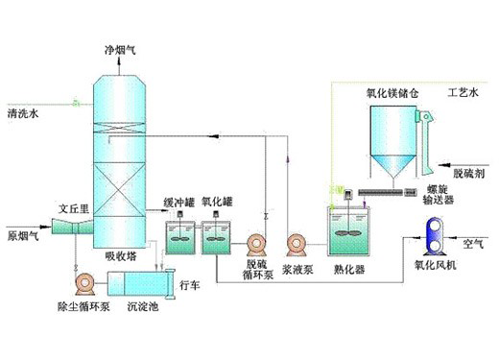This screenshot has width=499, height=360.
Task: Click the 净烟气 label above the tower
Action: pyautogui.click(x=120, y=50)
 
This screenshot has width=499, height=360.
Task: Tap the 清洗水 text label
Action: pyautogui.click(x=23, y=113)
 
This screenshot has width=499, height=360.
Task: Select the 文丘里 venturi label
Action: pyautogui.click(x=74, y=209)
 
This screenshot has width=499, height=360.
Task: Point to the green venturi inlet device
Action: pyautogui.click(x=72, y=226)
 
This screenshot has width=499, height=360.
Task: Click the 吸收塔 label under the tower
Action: pyautogui.click(x=121, y=256)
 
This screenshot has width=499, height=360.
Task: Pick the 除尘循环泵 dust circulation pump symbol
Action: pyautogui.click(x=85, y=283)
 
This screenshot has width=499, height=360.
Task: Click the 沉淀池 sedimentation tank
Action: pyautogui.click(x=141, y=283)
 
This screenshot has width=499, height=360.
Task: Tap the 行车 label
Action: pyautogui.click(x=189, y=285)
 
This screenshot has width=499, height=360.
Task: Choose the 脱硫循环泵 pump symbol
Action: pyautogui.click(x=256, y=245)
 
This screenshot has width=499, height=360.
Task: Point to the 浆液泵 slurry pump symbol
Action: pyautogui.click(x=297, y=245)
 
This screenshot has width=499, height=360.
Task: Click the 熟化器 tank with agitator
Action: pyautogui.click(x=348, y=230)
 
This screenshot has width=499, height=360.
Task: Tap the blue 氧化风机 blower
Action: pyautogui.click(x=435, y=236)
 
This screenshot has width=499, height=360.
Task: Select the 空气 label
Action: pyautogui.click(x=473, y=245)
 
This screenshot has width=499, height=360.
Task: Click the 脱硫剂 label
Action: pyautogui.click(x=469, y=174)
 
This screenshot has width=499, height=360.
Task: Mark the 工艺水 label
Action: pyautogui.click(x=463, y=93)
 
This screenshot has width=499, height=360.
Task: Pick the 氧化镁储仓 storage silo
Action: pyautogui.click(x=393, y=142)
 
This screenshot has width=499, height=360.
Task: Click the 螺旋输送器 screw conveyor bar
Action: pyautogui.click(x=380, y=192)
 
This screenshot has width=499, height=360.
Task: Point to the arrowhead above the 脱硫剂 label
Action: pyautogui.click(x=443, y=165)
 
